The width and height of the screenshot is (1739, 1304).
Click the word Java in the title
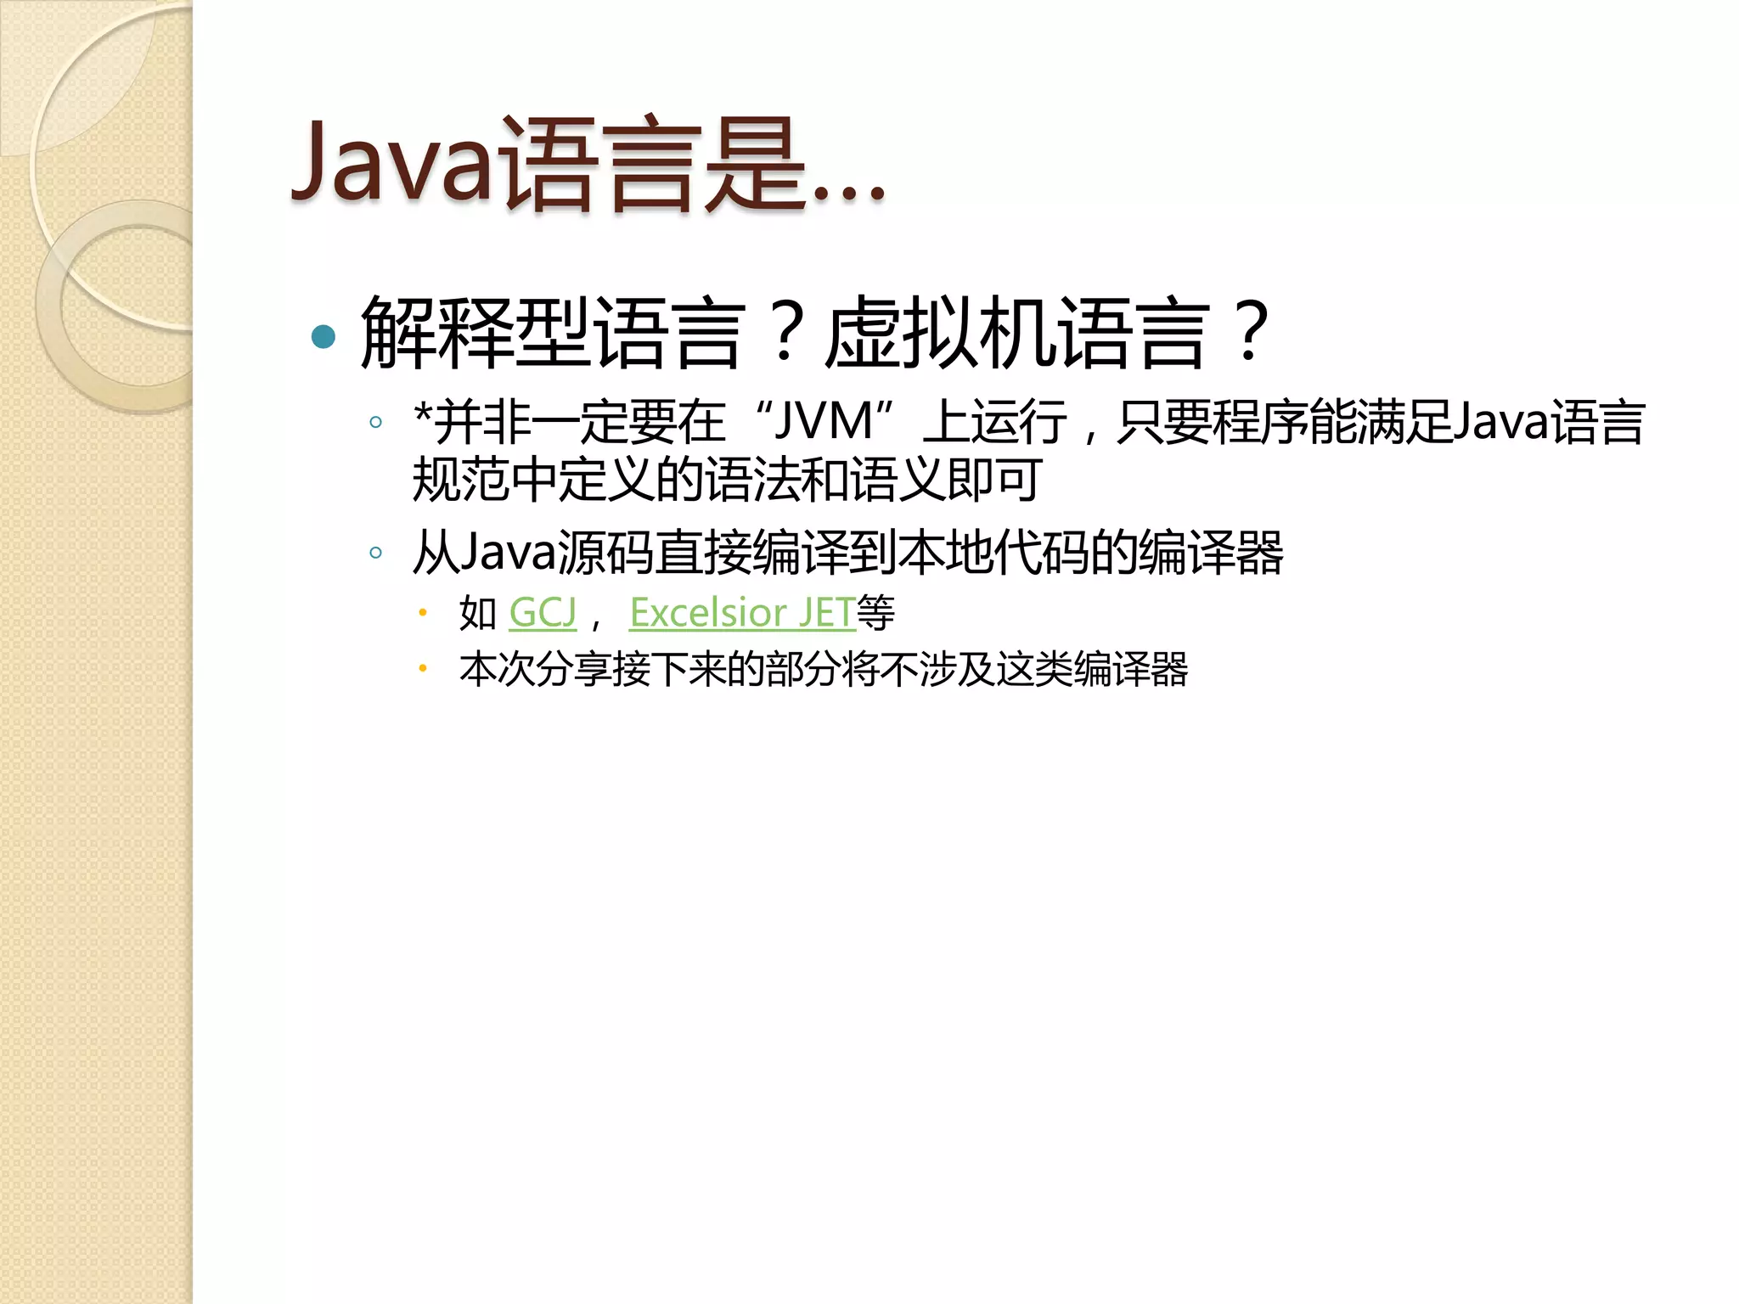(x=392, y=163)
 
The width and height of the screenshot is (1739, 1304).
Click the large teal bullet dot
(x=324, y=337)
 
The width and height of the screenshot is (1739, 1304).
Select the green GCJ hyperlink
(x=543, y=613)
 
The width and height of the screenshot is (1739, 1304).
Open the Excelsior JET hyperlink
(x=742, y=613)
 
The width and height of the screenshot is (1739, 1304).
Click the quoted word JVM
(x=824, y=422)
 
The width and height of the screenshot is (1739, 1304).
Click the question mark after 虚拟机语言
(x=1251, y=332)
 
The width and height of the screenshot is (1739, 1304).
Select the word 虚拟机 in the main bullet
(x=942, y=334)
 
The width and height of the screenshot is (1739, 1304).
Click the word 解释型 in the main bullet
(x=476, y=334)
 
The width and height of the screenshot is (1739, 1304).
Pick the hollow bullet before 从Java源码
(x=375, y=554)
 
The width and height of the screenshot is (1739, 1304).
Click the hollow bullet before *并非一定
(x=375, y=422)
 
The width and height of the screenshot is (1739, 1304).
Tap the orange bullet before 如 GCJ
(x=422, y=612)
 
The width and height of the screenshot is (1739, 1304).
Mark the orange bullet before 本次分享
(x=422, y=669)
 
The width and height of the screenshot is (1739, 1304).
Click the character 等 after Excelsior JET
(x=875, y=613)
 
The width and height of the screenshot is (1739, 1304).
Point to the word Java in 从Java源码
(x=508, y=554)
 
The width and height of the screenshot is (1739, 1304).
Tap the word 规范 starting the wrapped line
(x=461, y=481)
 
